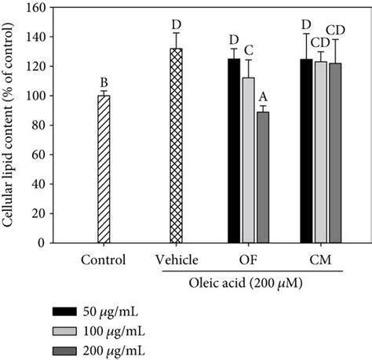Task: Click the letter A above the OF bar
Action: point(263,98)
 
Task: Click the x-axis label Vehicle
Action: point(176,259)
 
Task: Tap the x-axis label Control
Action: point(102,259)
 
